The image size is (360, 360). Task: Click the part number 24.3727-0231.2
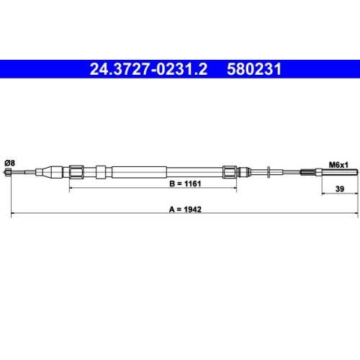[x=148, y=69]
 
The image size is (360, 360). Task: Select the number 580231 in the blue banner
[x=254, y=69]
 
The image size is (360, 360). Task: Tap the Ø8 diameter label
[x=9, y=163]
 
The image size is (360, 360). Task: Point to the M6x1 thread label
[x=338, y=165]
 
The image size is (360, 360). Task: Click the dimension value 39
[x=340, y=189]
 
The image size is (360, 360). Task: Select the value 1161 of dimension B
[x=192, y=184]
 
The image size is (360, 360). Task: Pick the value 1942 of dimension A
[x=192, y=210]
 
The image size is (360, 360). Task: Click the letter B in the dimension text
[x=172, y=184]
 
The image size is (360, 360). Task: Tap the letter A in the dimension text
[x=171, y=210]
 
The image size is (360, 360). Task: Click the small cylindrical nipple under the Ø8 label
[x=7, y=172]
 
